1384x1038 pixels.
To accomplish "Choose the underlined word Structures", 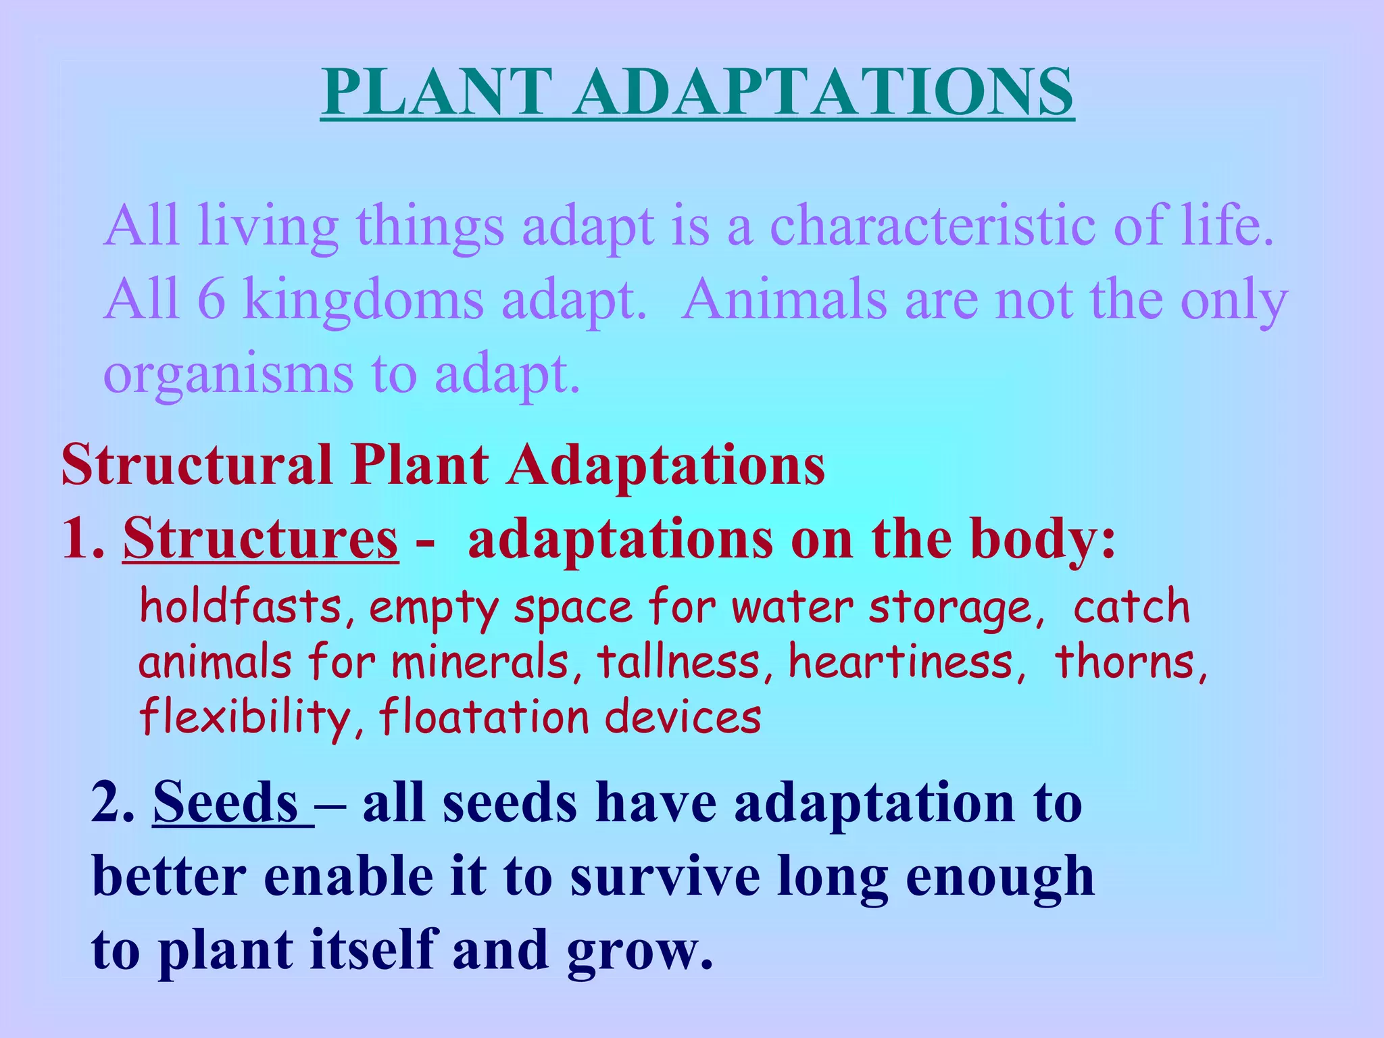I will [x=261, y=539].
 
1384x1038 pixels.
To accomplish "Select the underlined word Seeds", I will [x=226, y=803].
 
